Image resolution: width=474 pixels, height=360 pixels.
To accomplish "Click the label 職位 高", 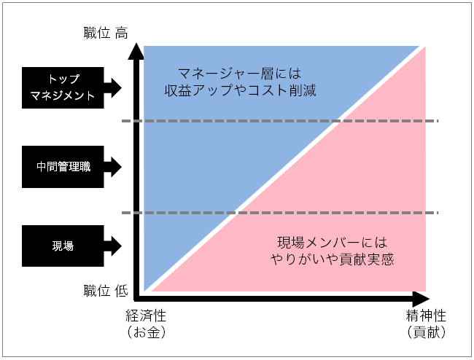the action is (x=106, y=33).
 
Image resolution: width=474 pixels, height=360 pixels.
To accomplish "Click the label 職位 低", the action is (x=106, y=291).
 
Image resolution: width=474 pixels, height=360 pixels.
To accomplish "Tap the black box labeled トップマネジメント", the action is (x=63, y=87).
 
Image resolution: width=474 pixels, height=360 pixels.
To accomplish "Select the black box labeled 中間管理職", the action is (x=63, y=167).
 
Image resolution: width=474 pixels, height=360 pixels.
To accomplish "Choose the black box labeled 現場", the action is (x=63, y=246).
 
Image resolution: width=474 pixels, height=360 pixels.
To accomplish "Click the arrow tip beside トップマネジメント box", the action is (x=122, y=88).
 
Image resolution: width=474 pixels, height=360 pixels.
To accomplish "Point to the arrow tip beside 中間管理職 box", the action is (x=122, y=167).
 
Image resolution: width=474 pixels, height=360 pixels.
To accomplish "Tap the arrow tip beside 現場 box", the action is (x=122, y=246).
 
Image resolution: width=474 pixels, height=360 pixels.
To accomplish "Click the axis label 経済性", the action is (x=146, y=316).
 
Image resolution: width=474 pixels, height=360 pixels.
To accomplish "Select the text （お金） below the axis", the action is (x=147, y=332).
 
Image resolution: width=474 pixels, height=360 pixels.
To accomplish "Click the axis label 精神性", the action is (x=426, y=316).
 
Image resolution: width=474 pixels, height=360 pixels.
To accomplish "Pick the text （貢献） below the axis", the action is (x=427, y=332).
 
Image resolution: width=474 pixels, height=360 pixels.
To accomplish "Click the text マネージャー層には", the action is (x=239, y=74).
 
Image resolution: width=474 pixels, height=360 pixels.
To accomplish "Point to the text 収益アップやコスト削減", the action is (x=241, y=90).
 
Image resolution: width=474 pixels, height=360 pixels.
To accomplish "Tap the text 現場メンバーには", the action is (x=332, y=243).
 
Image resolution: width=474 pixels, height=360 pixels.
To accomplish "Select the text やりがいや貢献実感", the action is (x=332, y=259).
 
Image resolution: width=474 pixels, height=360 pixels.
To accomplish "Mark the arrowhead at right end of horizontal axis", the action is (x=430, y=299).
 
